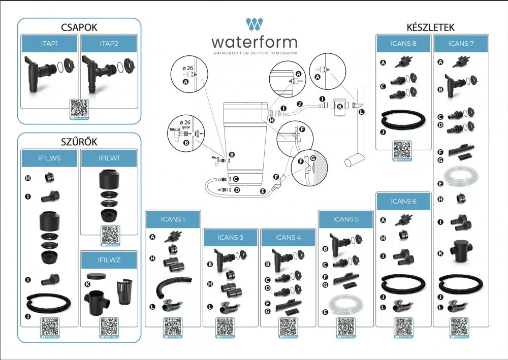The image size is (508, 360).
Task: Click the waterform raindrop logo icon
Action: click(x=253, y=25)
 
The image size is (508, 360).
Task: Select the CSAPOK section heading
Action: click(x=79, y=27)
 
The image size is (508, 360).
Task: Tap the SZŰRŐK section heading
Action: click(x=79, y=142)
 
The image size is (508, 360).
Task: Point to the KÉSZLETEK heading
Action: click(x=431, y=27)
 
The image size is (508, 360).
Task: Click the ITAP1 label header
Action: click(x=49, y=44)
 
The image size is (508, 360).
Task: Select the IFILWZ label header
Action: click(x=109, y=260)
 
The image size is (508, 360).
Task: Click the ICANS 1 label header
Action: click(x=173, y=219)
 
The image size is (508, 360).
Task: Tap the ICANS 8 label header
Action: click(x=404, y=44)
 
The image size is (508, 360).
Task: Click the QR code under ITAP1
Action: click(x=79, y=109)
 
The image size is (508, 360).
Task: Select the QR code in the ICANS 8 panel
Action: click(x=403, y=150)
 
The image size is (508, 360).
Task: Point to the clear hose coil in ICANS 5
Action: click(x=345, y=303)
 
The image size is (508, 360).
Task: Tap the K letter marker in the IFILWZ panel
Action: click(x=87, y=284)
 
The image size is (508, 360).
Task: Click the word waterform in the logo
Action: click(x=254, y=42)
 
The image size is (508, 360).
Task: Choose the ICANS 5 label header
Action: click(x=346, y=219)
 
